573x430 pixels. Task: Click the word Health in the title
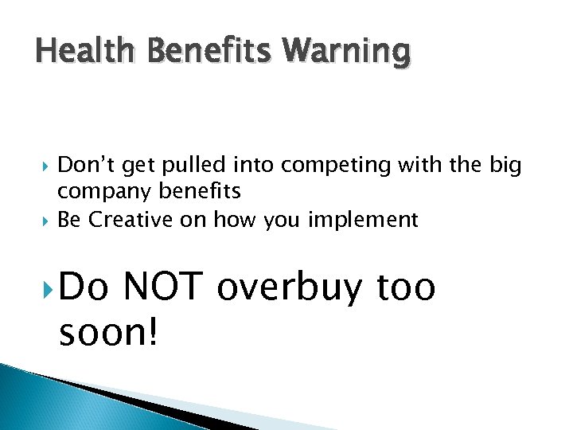76,52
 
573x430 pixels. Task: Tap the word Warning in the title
347,53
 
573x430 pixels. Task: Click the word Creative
132,220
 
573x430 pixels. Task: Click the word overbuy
291,288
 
